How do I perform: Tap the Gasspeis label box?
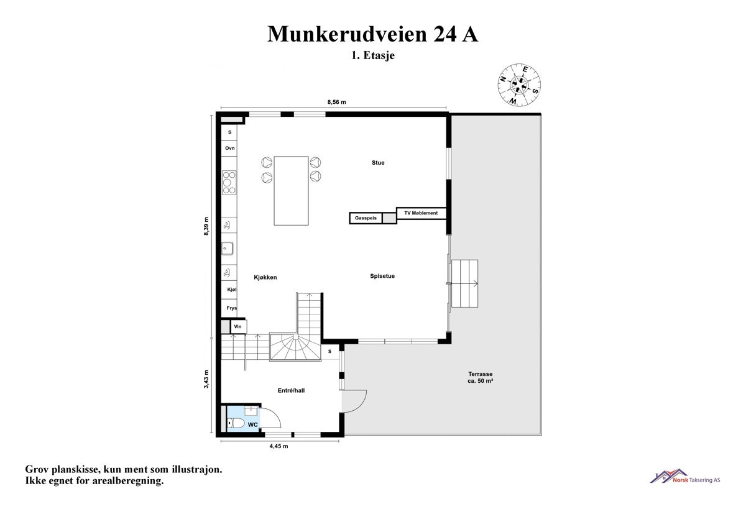point(366,218)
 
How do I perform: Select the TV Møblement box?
point(421,213)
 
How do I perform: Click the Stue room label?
point(377,163)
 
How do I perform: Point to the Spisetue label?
point(382,276)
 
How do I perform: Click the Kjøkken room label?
point(265,277)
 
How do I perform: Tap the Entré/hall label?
point(291,391)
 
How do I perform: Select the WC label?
point(253,424)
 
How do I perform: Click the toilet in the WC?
point(235,424)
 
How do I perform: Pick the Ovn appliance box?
point(230,149)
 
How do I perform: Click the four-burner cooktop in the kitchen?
point(229,183)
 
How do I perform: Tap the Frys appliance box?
point(231,308)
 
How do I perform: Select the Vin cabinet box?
point(237,326)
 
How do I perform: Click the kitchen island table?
point(291,190)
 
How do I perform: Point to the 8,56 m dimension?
point(336,101)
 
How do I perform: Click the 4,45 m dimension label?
point(278,446)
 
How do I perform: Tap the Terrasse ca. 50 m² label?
point(481,377)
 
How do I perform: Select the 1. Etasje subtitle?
point(373,55)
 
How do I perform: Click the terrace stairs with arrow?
point(466,283)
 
